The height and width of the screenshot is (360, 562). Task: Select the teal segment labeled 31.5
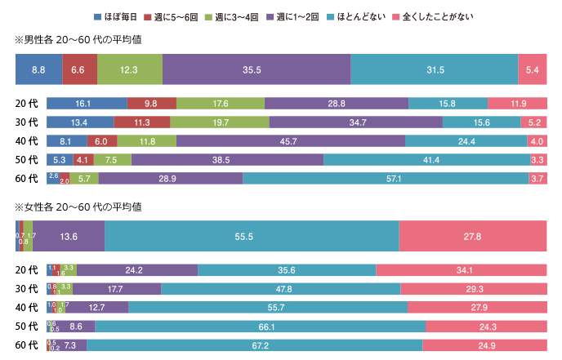[435, 69]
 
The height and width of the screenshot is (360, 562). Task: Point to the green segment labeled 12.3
[129, 69]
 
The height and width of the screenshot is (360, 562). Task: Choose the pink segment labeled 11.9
[517, 104]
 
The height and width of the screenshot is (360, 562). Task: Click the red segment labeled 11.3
[142, 122]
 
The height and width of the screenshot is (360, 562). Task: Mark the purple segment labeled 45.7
[290, 141]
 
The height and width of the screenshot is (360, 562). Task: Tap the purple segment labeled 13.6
[69, 237]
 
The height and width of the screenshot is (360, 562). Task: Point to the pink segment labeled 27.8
[473, 237]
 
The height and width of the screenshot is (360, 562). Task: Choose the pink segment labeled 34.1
[461, 270]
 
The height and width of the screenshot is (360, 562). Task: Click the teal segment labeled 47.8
[281, 288]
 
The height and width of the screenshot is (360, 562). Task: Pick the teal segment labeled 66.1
[260, 326]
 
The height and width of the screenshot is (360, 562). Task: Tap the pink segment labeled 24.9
[484, 345]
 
